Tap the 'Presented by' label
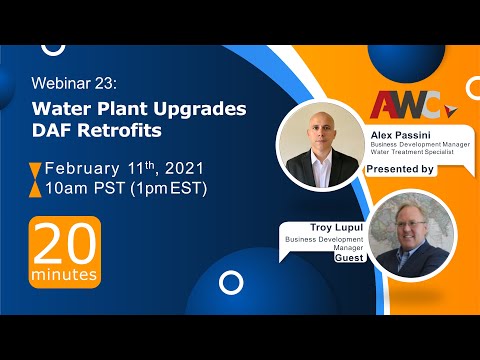click(x=400, y=169)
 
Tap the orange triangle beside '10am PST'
click(x=35, y=188)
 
